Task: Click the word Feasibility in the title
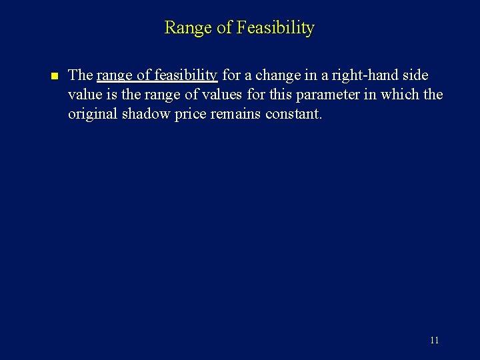pyautogui.click(x=274, y=28)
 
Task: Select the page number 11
pyautogui.click(x=434, y=341)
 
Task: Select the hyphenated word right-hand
pyautogui.click(x=364, y=75)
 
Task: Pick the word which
pyautogui.click(x=399, y=95)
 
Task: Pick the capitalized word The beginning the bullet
pyautogui.click(x=80, y=75)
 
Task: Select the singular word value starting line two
pyautogui.click(x=85, y=95)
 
